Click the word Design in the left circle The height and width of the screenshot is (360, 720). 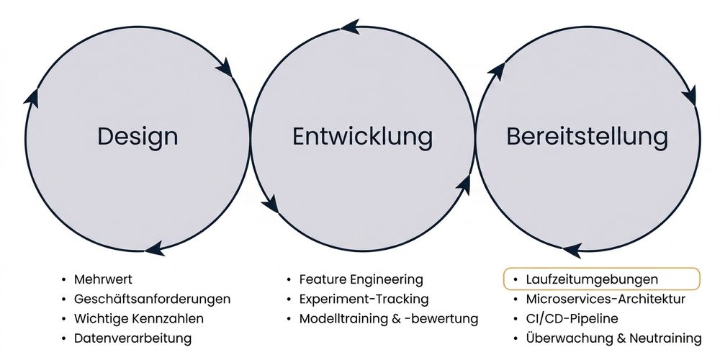138,137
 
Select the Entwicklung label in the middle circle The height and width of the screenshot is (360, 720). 362,137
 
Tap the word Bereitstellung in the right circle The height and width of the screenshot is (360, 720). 588,137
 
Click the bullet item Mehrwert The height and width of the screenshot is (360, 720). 103,279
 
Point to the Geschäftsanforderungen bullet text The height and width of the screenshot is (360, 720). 152,299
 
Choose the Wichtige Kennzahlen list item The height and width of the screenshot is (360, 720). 139,319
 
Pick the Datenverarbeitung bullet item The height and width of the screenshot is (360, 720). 132,339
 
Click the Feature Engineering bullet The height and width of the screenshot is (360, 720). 361,279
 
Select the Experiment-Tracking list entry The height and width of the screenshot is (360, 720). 364,299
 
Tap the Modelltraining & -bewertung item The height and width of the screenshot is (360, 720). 389,319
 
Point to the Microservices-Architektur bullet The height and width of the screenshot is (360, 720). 606,299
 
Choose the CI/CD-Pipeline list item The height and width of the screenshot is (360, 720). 572,319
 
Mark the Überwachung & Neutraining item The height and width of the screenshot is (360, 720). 614,339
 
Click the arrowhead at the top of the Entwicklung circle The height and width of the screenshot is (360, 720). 351,27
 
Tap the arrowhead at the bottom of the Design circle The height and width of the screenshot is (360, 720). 155,248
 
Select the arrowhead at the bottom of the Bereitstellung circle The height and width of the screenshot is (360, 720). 572,251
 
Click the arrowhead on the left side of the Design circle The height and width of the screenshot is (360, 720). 32,97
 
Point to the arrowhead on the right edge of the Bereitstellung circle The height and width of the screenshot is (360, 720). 689,96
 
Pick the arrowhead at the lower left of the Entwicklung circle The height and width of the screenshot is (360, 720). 271,204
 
